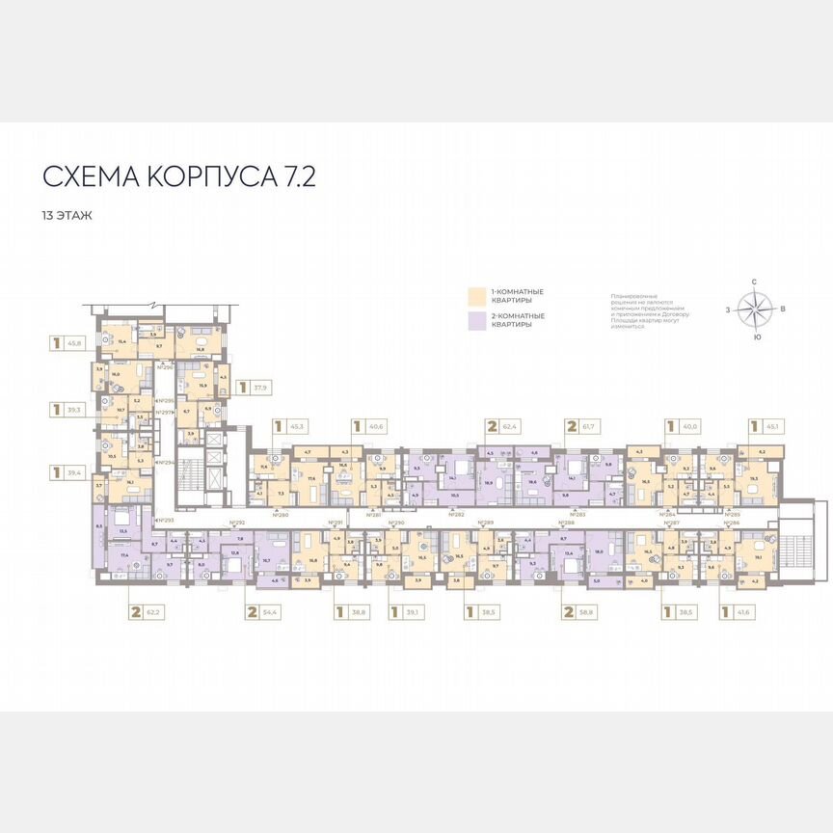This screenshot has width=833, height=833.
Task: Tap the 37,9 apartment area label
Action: [257, 389]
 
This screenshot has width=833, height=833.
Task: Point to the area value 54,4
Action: [275, 611]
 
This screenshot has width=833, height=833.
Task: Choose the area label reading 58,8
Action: [588, 611]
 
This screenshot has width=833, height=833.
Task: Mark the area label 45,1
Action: [772, 425]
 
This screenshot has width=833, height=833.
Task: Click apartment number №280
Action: [281, 515]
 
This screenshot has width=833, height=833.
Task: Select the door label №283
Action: [577, 515]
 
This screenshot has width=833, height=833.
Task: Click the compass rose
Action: [756, 309]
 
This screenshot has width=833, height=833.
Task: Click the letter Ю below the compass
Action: [757, 337]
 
